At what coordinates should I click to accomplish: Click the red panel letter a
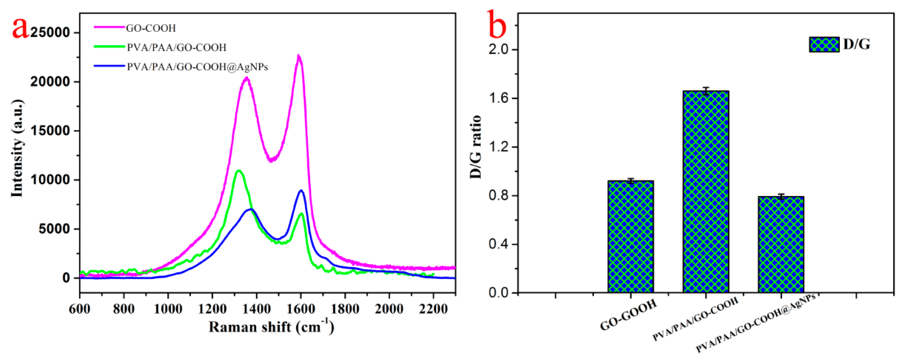click(x=20, y=28)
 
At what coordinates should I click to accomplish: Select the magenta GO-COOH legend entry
click(x=151, y=28)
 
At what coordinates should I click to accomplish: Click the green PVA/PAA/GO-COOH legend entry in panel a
click(x=176, y=47)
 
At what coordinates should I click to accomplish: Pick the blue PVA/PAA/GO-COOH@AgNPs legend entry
click(x=197, y=67)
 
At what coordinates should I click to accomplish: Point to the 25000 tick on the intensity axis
click(x=50, y=33)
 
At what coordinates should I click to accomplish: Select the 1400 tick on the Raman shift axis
click(x=256, y=309)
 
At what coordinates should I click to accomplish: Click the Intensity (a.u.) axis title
click(x=17, y=148)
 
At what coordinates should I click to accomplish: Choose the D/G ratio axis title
click(x=476, y=147)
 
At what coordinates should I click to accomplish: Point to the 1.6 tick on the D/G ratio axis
click(x=498, y=98)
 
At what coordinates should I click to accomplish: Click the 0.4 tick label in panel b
click(x=498, y=245)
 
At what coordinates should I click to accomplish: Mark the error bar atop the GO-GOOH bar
click(x=630, y=181)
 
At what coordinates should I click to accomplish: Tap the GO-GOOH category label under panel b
click(x=629, y=315)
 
